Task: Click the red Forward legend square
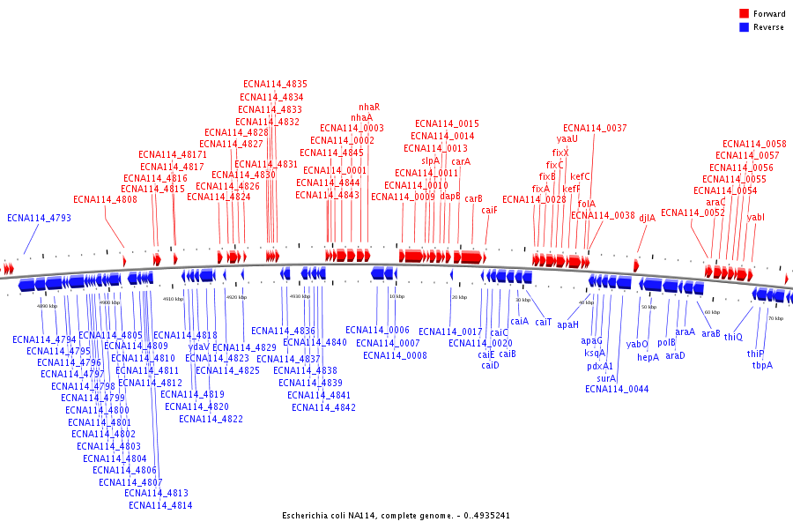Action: point(744,14)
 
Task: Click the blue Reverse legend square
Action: point(744,27)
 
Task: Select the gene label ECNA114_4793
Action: point(39,218)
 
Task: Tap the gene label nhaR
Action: point(369,107)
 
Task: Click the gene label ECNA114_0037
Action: point(595,128)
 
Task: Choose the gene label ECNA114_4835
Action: point(275,84)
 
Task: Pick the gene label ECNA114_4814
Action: point(160,505)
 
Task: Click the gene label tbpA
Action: point(762,365)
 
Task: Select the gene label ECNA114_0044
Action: point(617,389)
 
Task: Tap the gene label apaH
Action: point(567,324)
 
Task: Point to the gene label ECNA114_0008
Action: point(395,355)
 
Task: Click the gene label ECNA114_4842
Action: point(323,407)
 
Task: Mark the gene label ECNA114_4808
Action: point(105,199)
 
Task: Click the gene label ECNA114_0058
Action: point(754,144)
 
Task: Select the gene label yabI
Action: point(756,216)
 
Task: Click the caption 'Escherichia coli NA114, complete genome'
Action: point(396,515)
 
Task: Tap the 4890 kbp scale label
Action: point(47,305)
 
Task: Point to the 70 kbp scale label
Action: point(775,318)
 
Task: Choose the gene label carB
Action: point(473,198)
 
